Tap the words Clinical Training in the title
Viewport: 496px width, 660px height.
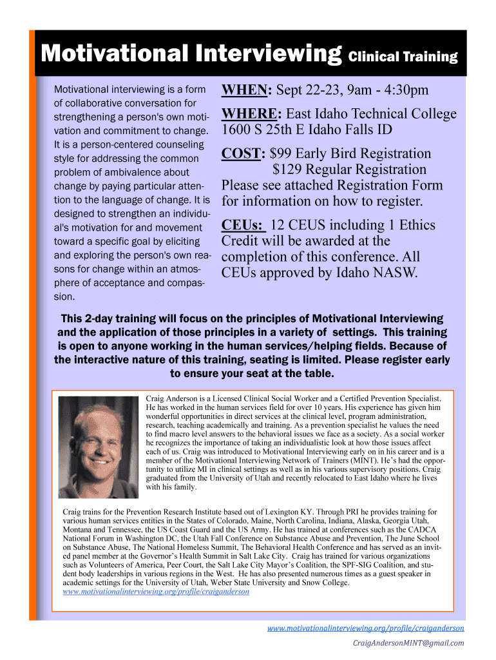pos(403,57)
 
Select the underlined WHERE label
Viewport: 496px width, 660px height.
pos(251,114)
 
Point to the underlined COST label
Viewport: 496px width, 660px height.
pos(243,153)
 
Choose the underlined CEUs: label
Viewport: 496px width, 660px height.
pos(243,225)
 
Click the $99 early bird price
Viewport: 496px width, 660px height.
pos(282,153)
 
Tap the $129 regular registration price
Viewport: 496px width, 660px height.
pos(288,170)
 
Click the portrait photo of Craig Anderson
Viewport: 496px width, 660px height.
pos(98,446)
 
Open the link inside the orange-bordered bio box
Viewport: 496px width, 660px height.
pos(156,591)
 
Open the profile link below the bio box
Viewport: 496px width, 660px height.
pos(365,628)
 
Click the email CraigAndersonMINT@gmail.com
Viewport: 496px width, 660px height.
pos(408,643)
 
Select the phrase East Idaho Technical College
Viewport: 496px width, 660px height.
pos(371,114)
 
